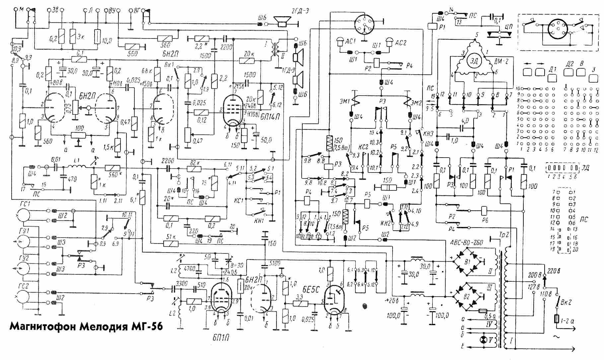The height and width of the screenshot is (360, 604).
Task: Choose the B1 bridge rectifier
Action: (468, 262)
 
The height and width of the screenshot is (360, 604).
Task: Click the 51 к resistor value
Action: (171, 237)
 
